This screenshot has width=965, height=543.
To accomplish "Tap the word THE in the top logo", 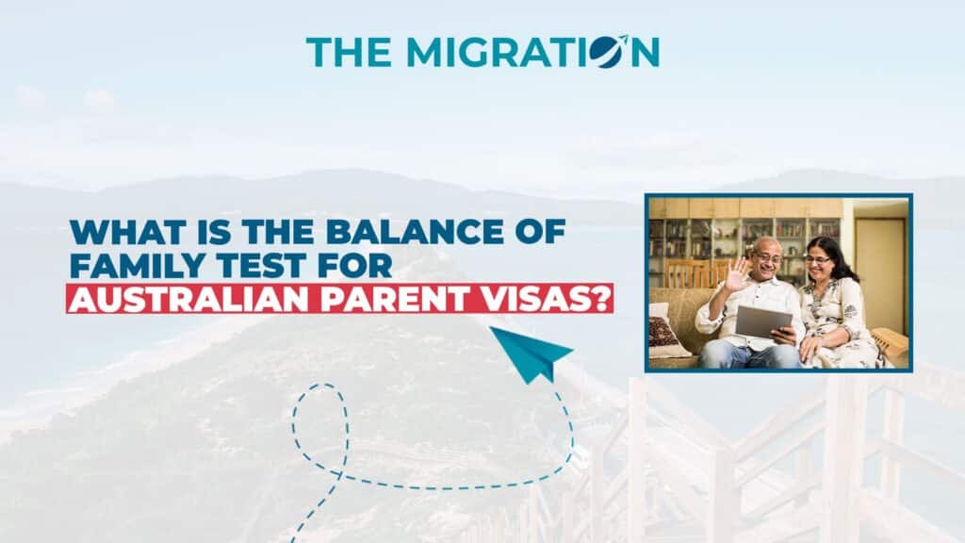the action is pos(349,53).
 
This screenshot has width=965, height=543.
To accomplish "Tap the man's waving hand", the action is pos(737,275).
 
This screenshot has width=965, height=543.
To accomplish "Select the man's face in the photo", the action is pos(766,258).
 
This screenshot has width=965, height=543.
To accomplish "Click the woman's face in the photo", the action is pos(818,261).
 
